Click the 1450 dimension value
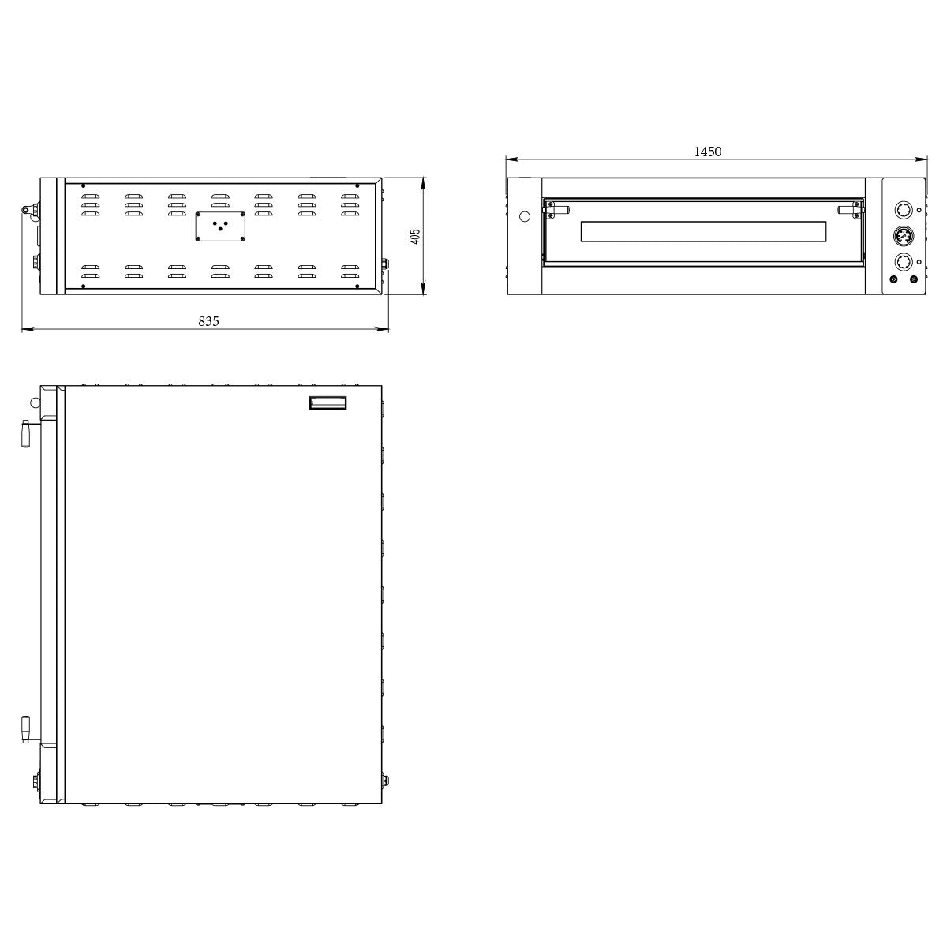click(708, 152)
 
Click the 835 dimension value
click(208, 321)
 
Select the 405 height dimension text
click(416, 236)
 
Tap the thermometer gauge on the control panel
click(903, 236)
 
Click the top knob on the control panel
click(903, 210)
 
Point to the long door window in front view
click(703, 232)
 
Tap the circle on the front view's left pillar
click(523, 215)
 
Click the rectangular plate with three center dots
click(221, 226)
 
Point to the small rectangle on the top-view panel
click(328, 403)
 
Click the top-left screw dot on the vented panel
click(83, 187)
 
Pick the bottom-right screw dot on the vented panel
click(357, 285)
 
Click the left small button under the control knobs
click(894, 279)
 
